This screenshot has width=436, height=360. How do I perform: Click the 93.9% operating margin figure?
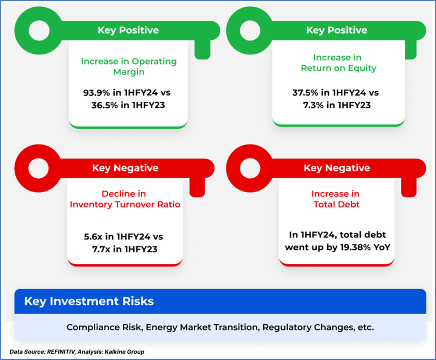97,92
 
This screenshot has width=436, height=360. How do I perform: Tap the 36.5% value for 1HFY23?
105,105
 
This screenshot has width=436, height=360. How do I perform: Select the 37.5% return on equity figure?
305,92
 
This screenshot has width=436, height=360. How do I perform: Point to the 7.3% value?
313,105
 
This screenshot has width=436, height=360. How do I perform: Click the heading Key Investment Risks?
89,301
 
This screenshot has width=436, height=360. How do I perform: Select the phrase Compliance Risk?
105,327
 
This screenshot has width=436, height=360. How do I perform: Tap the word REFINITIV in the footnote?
61,352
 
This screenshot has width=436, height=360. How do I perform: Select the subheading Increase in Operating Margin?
129,67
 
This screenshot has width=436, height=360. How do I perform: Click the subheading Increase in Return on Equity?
338,63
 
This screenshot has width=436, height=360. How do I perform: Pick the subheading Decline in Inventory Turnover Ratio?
125,199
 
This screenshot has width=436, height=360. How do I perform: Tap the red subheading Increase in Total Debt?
336,199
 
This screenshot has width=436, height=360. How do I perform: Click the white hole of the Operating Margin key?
39,31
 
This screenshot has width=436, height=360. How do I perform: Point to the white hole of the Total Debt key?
250,168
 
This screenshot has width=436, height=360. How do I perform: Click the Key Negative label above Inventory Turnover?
125,168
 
